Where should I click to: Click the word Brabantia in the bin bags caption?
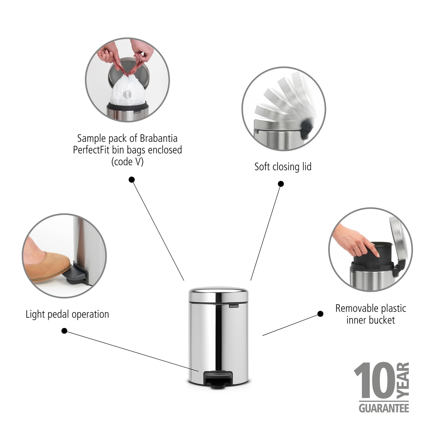[x=158, y=138]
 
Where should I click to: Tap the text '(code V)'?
[x=127, y=162]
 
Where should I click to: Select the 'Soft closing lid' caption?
[x=283, y=167]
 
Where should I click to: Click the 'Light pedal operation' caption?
[x=67, y=314]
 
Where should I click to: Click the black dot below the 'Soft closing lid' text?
[x=281, y=184]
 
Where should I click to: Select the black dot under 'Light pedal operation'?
[x=64, y=331]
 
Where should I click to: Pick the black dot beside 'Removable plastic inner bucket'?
[x=320, y=314]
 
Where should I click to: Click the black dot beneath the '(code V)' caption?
[x=132, y=179]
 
